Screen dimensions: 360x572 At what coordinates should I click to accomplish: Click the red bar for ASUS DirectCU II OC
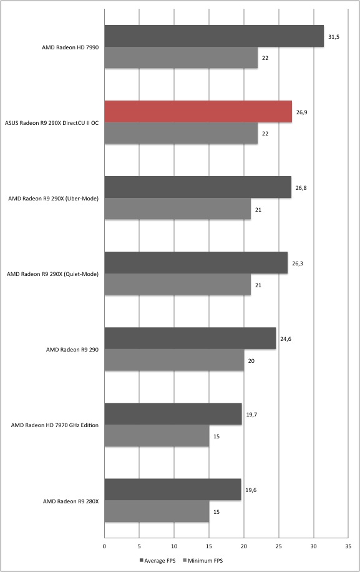click(x=198, y=112)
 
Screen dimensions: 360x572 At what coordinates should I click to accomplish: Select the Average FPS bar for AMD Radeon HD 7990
click(x=214, y=36)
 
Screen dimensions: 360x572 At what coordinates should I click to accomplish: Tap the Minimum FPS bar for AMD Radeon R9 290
click(x=174, y=360)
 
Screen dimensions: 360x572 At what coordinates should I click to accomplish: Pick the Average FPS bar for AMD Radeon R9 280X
click(x=173, y=490)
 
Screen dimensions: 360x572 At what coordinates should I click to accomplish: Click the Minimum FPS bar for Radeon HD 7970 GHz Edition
click(x=157, y=436)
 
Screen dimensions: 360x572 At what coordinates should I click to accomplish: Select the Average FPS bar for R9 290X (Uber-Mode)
click(x=198, y=187)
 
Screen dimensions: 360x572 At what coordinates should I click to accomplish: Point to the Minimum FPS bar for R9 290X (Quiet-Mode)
click(x=177, y=284)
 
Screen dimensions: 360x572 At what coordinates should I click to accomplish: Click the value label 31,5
click(x=334, y=37)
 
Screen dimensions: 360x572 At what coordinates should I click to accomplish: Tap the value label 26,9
click(x=301, y=112)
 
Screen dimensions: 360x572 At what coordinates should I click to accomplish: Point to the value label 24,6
click(x=286, y=339)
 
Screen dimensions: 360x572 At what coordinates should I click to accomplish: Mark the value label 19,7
click(x=251, y=415)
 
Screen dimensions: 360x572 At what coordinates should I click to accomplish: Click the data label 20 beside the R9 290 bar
click(x=251, y=361)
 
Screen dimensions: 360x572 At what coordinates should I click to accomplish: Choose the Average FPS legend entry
click(x=157, y=560)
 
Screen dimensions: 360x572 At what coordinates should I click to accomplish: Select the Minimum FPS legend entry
click(x=203, y=560)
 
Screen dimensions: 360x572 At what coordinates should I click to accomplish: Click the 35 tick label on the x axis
click(x=348, y=546)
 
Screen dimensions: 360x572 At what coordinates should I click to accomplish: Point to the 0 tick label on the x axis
click(x=105, y=546)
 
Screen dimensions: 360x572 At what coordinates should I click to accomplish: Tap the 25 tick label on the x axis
click(x=278, y=546)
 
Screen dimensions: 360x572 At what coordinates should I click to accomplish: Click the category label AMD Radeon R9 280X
click(x=71, y=501)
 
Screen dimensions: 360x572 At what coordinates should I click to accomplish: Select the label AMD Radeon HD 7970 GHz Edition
click(x=55, y=425)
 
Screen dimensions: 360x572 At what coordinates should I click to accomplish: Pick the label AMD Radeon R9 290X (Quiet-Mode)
click(x=52, y=274)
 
